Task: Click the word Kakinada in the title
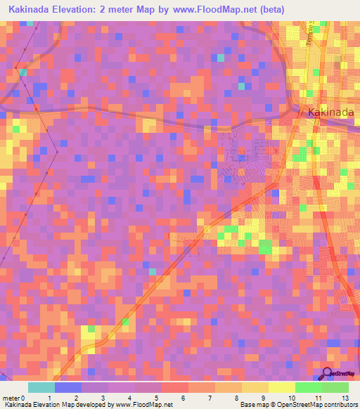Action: point(31,9)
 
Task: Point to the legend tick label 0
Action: point(27,398)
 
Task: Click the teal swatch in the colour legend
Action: point(41,387)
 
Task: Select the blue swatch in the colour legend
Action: point(67,387)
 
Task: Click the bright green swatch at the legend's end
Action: point(335,387)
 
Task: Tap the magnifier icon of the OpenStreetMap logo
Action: point(327,374)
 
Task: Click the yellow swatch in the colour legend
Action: point(255,387)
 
